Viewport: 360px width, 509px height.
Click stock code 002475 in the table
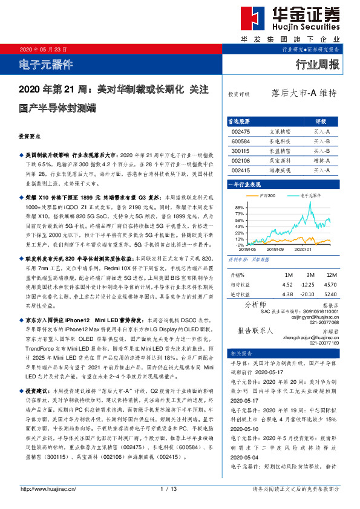coord(241,131)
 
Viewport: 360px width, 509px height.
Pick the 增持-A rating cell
coord(321,161)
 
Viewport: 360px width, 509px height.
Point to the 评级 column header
coord(321,121)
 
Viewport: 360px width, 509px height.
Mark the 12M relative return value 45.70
coord(330,284)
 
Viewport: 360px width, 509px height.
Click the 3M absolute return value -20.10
coord(309,294)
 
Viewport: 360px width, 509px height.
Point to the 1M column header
coord(288,275)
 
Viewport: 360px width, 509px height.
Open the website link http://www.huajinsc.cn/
coord(47,488)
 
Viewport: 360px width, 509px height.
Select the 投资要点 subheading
coord(30,136)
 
